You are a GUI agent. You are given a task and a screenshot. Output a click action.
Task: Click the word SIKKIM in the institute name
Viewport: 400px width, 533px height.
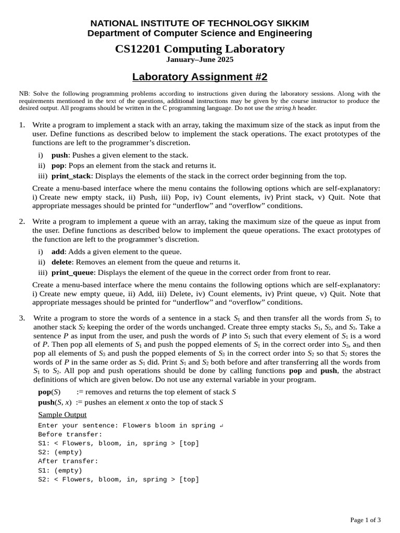(290, 23)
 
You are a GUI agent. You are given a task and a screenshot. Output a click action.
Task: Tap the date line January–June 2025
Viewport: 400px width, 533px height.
(199, 60)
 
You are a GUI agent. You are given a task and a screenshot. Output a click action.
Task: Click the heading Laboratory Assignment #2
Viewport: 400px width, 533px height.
(199, 77)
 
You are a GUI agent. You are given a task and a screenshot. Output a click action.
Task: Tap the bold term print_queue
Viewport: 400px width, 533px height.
(72, 273)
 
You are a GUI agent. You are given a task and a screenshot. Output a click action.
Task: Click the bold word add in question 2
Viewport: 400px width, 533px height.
(57, 252)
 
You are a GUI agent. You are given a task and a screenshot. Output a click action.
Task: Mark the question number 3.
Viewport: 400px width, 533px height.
(22, 318)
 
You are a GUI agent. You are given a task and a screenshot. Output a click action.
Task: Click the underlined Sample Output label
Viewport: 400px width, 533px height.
(62, 415)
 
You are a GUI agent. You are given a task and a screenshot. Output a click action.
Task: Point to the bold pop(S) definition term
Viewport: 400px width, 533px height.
(49, 392)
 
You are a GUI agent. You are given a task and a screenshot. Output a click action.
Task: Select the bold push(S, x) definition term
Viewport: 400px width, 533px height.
(55, 402)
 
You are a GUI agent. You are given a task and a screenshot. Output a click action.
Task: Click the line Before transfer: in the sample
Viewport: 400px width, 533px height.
(70, 435)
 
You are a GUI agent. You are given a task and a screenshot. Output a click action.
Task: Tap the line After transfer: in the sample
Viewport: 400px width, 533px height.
(68, 461)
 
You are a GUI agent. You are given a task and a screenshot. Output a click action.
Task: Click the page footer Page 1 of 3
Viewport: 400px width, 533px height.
(365, 519)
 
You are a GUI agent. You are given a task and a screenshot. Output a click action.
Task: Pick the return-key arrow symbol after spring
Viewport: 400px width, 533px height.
(221, 426)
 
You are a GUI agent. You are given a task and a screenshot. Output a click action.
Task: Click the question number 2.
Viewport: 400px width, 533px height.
(22, 221)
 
